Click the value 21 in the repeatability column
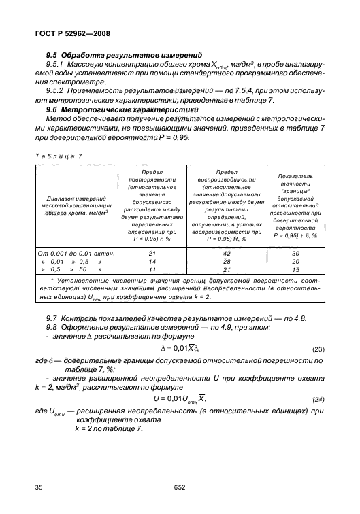tap(152, 252)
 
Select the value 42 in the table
tap(227, 252)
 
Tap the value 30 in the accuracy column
tap(297, 252)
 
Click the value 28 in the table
tap(227, 260)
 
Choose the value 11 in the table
tap(152, 269)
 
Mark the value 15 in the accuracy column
tap(297, 269)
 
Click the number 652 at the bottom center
tap(180, 487)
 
